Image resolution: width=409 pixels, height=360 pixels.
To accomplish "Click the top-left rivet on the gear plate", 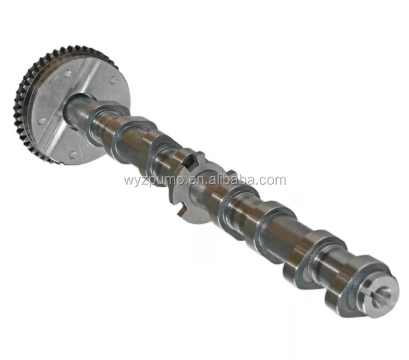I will tap(68, 73).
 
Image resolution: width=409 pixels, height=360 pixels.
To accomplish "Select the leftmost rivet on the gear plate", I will tap(41, 121).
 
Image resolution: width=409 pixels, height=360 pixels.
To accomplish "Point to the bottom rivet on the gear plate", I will tap(72, 154).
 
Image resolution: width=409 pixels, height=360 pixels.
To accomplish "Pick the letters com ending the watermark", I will tap(272, 181).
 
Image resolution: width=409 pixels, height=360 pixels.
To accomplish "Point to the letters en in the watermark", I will tap(192, 181).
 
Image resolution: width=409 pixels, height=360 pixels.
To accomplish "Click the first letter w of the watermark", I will tap(128, 181).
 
